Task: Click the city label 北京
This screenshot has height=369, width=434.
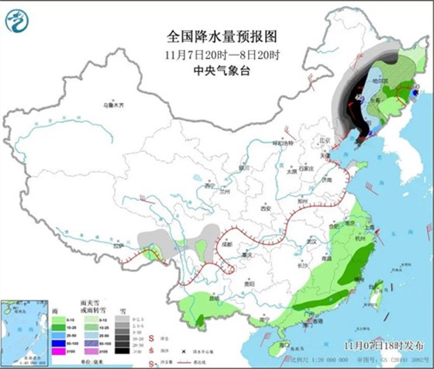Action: [314, 141]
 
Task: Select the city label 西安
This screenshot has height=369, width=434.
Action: [267, 208]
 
